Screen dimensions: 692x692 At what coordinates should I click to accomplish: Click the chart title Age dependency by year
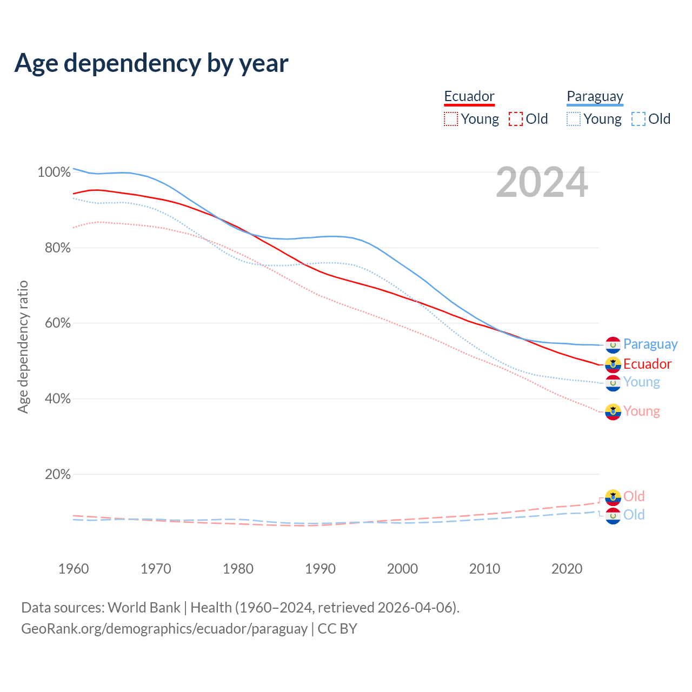(x=151, y=63)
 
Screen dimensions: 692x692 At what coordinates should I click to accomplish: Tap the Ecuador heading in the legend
(x=469, y=96)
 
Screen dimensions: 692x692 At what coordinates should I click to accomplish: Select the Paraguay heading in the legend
(x=595, y=96)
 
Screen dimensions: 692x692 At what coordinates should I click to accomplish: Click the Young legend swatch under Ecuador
(x=451, y=119)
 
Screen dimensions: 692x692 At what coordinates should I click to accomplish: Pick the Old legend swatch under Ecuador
(x=516, y=119)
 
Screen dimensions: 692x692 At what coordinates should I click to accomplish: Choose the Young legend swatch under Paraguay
(x=574, y=119)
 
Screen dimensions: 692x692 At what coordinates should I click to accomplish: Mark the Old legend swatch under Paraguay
(x=638, y=119)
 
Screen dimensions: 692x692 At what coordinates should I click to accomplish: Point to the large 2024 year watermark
(x=542, y=183)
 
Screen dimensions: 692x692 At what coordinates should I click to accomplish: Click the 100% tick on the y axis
(x=54, y=172)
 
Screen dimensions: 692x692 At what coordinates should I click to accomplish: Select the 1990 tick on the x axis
(x=320, y=569)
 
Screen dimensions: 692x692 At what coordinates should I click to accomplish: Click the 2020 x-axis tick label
(x=567, y=569)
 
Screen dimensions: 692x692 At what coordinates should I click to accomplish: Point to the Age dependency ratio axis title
(x=23, y=347)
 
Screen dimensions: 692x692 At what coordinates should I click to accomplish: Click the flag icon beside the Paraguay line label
(x=613, y=344)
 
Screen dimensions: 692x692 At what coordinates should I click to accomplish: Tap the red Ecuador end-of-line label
(x=647, y=364)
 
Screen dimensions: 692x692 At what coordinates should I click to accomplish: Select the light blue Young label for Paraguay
(x=641, y=382)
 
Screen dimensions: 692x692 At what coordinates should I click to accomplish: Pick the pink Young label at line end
(x=641, y=411)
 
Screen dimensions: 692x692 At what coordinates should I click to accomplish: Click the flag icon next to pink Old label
(x=613, y=497)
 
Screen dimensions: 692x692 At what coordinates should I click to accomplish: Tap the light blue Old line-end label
(x=634, y=515)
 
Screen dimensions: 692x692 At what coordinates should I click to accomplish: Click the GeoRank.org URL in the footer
(x=164, y=629)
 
